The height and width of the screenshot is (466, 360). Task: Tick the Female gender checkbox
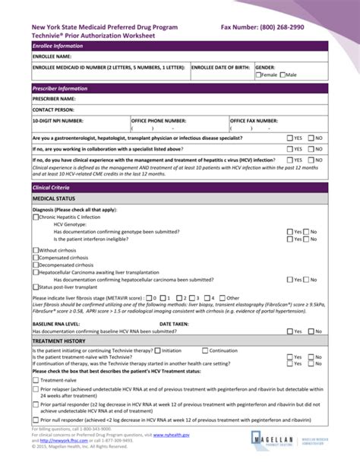258,75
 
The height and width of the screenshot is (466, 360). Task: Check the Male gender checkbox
283,75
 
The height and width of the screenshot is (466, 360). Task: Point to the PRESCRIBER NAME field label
54,99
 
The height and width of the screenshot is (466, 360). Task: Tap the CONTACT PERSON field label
52,109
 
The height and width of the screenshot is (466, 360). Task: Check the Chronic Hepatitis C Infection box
35,217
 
